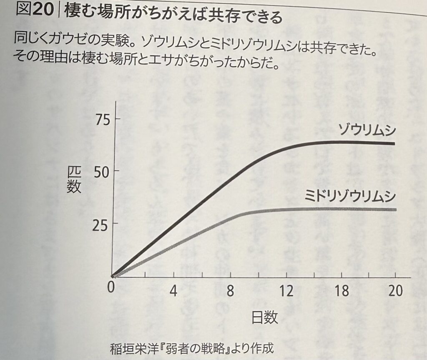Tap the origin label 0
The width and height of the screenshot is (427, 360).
tap(111, 289)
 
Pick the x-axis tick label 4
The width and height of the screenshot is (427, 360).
tap(173, 290)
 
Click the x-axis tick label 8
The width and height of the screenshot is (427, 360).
tap(230, 290)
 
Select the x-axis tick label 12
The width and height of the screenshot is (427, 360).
tap(286, 290)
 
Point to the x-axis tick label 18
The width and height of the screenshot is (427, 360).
tap(342, 290)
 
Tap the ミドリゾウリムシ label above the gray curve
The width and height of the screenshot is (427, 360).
tap(349, 196)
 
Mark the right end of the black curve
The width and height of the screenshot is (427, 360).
tap(394, 143)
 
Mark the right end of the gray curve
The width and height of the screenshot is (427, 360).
tap(394, 209)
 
